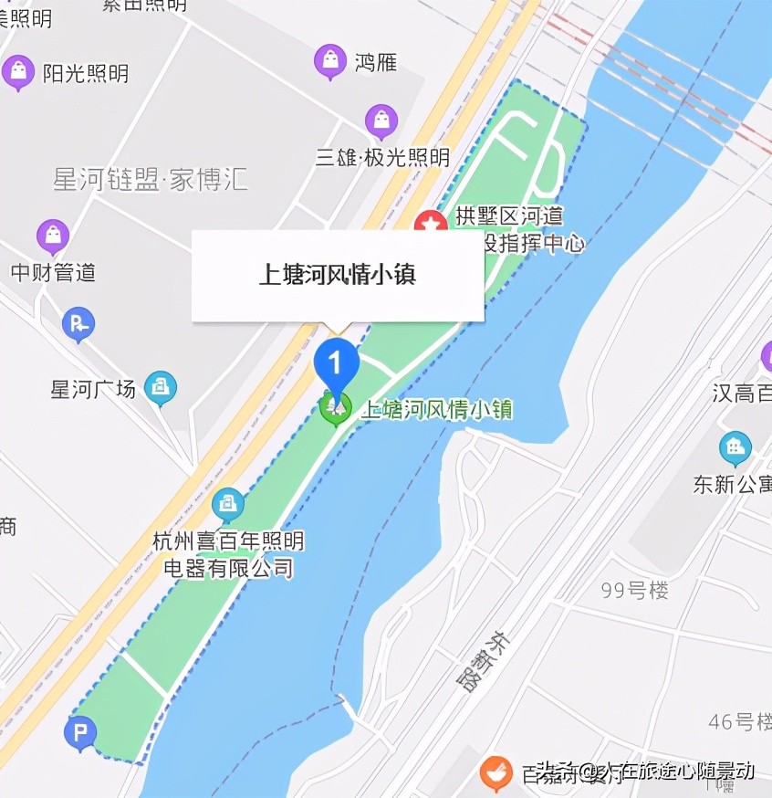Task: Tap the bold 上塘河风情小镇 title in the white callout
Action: coord(338,275)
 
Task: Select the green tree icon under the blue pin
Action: coord(335,407)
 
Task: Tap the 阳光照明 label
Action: coord(86,73)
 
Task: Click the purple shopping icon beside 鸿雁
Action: coord(329,61)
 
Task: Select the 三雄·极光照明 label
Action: coord(382,157)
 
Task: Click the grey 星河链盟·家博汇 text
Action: coord(151,179)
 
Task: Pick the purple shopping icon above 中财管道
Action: coord(53,236)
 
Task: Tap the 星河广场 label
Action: coord(93,389)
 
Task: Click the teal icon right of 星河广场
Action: coord(161,388)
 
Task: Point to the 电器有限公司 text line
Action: coord(228,568)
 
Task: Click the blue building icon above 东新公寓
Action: coord(735,448)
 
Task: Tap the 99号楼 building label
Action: coord(634,590)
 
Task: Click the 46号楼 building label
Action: coord(739,721)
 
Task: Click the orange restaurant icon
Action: coord(496,773)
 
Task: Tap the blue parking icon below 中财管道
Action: coord(78,322)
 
